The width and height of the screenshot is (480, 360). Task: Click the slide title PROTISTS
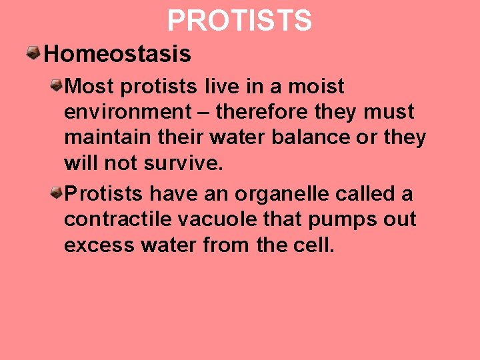pos(239,21)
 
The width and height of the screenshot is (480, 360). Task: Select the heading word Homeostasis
pos(117,54)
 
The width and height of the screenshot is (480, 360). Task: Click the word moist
pos(315,87)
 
